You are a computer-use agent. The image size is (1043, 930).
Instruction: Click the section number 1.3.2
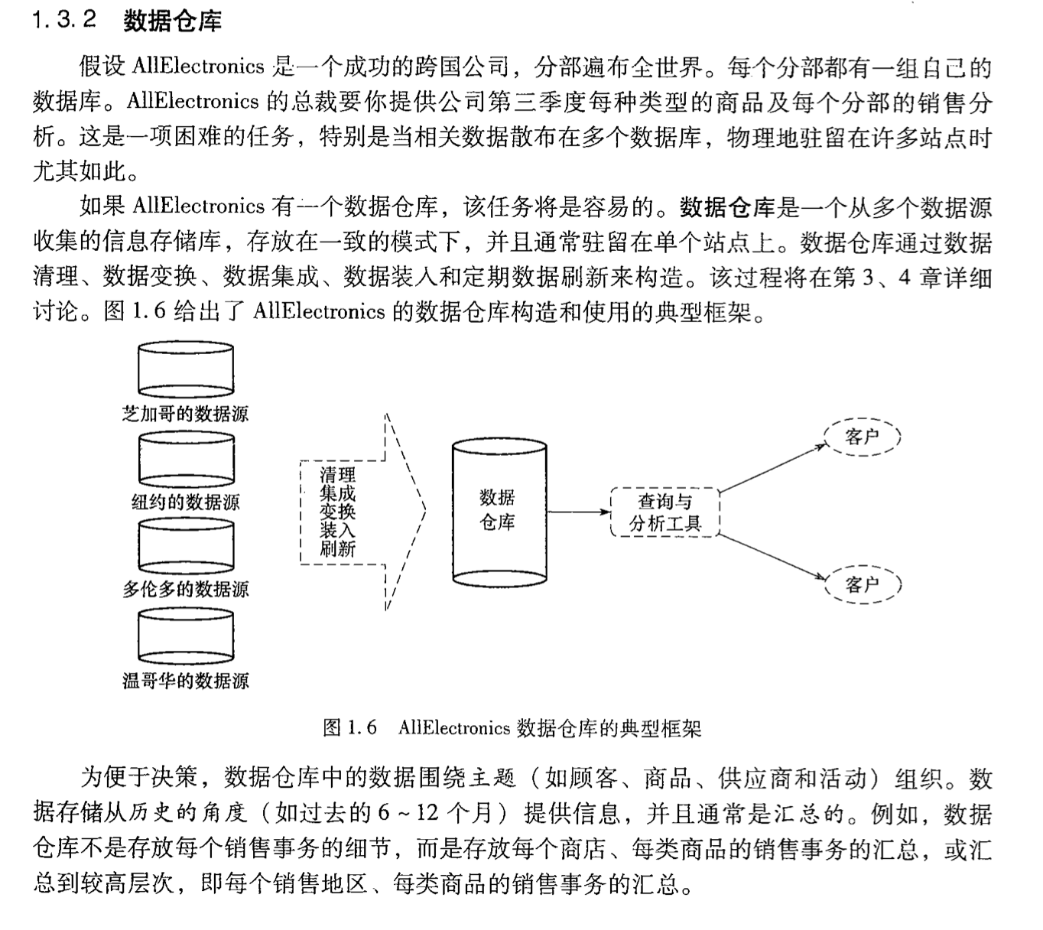coord(64,21)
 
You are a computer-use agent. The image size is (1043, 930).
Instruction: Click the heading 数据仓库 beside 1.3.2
coord(172,21)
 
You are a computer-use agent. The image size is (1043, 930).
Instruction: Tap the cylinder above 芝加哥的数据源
coord(186,369)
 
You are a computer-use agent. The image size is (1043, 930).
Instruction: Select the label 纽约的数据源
coord(186,502)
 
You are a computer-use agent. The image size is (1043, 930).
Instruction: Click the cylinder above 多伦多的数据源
coord(186,546)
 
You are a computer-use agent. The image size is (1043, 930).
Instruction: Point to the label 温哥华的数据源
coord(186,680)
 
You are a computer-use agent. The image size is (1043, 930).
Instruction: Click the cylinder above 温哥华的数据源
coord(186,636)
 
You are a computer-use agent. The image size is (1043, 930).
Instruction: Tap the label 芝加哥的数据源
coord(186,414)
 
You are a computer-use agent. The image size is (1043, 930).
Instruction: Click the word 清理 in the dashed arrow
coord(337,475)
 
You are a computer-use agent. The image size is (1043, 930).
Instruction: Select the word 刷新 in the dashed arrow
coord(337,548)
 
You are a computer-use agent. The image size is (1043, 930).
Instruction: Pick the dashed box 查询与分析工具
coord(665,512)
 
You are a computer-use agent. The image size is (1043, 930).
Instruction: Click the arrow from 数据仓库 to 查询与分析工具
coord(578,511)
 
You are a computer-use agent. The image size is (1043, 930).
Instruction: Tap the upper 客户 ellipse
coord(863,437)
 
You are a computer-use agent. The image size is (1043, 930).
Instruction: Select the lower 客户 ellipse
coord(863,584)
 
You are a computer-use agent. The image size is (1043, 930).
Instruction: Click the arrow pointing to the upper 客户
coord(772,467)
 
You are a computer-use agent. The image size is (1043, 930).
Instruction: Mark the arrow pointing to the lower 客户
coord(772,555)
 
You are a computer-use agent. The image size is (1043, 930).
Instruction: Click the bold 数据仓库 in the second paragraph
coord(727,207)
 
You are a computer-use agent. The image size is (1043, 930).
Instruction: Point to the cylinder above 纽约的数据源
coord(186,459)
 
